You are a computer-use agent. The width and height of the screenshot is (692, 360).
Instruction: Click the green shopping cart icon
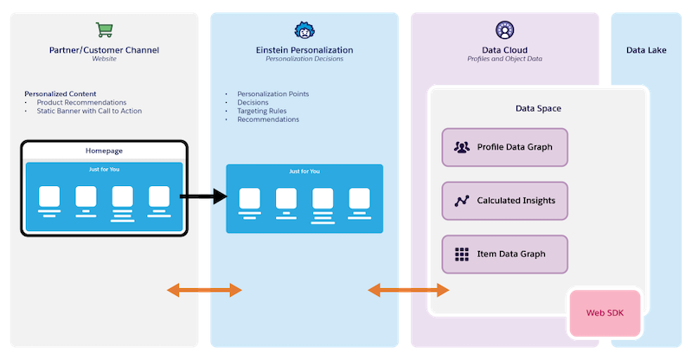click(x=104, y=30)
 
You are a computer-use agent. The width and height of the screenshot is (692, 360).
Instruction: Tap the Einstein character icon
click(x=304, y=30)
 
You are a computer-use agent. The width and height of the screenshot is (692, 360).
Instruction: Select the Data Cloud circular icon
click(x=504, y=30)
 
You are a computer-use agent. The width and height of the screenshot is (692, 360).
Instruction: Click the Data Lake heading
click(x=646, y=50)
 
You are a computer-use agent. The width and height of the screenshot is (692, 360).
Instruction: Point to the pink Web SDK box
click(x=605, y=312)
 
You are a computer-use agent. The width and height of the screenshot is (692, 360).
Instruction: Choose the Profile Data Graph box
click(x=504, y=147)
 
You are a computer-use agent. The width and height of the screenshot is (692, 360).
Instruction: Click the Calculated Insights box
click(x=504, y=201)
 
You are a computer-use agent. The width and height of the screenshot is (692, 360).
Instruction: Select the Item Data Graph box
click(x=504, y=254)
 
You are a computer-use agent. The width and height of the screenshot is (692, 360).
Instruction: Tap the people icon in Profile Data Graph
click(x=462, y=147)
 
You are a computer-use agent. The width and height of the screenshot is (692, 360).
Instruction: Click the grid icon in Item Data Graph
click(x=462, y=254)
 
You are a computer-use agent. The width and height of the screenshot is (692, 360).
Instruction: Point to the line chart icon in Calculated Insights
click(x=462, y=201)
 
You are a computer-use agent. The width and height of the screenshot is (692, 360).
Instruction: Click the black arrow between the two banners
click(x=203, y=197)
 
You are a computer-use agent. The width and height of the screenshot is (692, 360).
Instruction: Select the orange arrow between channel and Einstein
click(x=204, y=291)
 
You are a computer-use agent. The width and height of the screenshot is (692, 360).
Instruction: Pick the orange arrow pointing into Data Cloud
click(x=408, y=291)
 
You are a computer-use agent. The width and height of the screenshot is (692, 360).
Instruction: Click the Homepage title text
click(x=104, y=151)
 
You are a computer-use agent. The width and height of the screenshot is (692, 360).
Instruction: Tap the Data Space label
click(x=538, y=108)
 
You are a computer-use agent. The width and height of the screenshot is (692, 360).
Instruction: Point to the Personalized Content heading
click(x=60, y=93)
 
